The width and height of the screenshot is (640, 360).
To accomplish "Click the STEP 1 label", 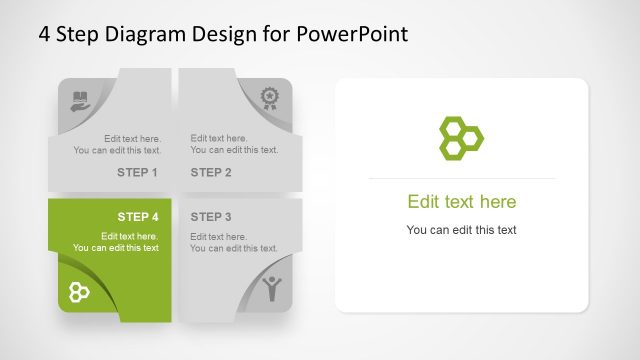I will point(137,172).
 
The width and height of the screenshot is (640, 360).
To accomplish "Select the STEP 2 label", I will point(211,172).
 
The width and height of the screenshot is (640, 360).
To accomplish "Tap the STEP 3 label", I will point(211,217).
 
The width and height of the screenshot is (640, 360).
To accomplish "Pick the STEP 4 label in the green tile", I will point(137,217).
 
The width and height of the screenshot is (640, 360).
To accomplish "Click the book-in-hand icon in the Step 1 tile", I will point(80,100).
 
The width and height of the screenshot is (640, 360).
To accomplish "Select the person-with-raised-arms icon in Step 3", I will point(271,288).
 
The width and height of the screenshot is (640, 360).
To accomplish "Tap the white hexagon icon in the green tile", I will point(80,292).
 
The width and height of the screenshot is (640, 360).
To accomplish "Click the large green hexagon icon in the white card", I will point(461,137).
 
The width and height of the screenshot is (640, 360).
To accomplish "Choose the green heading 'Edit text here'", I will point(461,202).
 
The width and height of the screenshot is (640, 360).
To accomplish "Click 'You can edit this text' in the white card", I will point(461,230).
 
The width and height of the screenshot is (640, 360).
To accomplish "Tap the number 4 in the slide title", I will point(45,34).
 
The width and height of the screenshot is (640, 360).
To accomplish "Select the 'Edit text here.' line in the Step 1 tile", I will point(132,139).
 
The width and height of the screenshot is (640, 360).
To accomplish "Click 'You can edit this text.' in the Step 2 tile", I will point(234,150).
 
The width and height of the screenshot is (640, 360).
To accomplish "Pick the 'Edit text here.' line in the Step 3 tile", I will point(218,237).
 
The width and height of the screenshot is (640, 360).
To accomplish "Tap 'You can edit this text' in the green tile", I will point(116,248).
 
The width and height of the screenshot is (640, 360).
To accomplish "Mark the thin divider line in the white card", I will point(461,179).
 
